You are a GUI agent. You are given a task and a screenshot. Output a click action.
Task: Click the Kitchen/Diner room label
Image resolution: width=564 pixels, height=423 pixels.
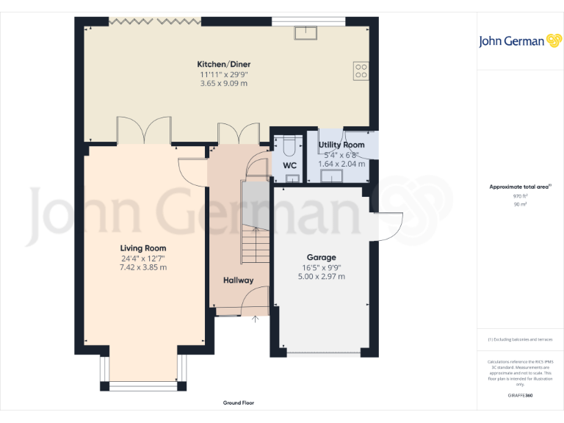(223, 64)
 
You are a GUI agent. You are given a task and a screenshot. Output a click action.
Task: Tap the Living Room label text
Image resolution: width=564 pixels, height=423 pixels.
(143, 248)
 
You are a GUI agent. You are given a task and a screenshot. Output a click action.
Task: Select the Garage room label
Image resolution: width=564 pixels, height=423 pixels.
(321, 258)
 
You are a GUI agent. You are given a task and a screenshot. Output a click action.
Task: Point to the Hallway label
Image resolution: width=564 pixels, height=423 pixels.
(238, 281)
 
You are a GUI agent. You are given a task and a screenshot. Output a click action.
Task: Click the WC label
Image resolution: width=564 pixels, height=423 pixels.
(289, 165)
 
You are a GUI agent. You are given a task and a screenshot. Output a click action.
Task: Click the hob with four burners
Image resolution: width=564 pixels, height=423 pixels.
(361, 70)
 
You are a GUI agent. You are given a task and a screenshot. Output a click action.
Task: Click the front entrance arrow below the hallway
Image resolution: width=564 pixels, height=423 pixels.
(256, 319)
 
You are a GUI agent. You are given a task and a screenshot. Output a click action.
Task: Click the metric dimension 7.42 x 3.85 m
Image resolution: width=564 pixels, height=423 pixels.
(143, 267)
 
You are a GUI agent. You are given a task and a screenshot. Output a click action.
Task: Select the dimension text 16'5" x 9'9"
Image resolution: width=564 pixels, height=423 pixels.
(321, 267)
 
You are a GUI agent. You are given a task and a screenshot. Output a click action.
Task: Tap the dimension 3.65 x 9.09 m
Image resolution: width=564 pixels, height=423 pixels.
(223, 83)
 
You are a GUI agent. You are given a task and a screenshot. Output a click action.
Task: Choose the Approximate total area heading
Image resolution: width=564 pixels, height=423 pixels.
(519, 187)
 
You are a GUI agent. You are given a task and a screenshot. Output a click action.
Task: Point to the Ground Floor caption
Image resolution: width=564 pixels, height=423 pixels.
(239, 403)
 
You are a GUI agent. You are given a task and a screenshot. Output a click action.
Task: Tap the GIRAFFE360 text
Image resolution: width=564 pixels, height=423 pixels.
(520, 396)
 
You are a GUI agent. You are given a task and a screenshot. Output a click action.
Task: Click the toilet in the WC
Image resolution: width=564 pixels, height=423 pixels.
(289, 142)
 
